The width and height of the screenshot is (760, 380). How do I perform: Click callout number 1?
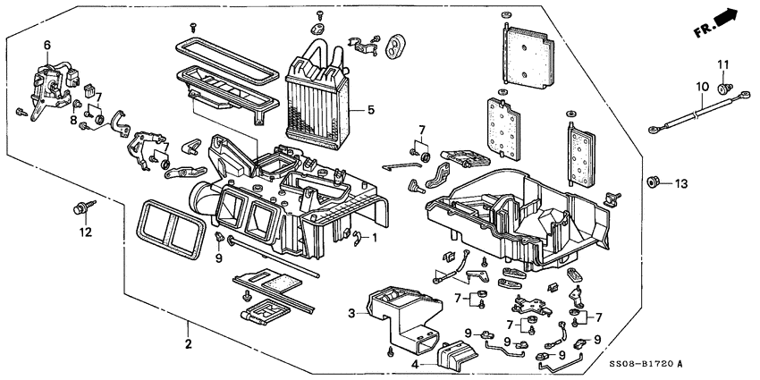pyautogui.click(x=376, y=239)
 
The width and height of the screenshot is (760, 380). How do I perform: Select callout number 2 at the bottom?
pyautogui.click(x=189, y=344)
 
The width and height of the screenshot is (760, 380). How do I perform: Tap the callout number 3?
pyautogui.click(x=352, y=312)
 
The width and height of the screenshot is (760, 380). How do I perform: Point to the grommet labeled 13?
pyautogui.click(x=654, y=183)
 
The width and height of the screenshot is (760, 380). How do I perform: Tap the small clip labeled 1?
pyautogui.click(x=358, y=237)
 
